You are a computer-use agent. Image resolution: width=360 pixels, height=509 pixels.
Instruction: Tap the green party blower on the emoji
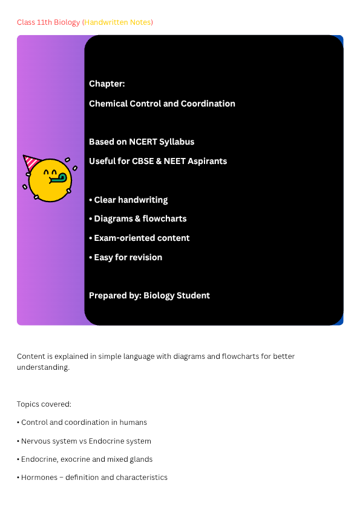click(x=59, y=179)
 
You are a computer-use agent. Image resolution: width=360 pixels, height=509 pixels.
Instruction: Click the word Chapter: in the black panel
click(x=107, y=84)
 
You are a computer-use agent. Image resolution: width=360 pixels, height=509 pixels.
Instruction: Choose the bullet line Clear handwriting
click(x=128, y=200)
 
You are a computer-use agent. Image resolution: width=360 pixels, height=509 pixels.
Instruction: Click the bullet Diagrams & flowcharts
click(x=138, y=218)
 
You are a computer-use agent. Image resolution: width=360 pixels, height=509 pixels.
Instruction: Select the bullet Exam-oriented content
click(x=139, y=238)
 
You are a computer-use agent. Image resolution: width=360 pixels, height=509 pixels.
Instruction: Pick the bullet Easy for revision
click(x=126, y=257)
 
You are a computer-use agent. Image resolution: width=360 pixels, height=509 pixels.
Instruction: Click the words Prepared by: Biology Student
click(x=149, y=295)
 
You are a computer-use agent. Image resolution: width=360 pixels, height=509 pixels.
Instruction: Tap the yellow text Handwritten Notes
click(x=117, y=22)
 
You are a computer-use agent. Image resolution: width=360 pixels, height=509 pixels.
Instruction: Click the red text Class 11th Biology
click(x=48, y=22)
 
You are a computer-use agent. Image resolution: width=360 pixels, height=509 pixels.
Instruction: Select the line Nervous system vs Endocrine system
click(x=84, y=441)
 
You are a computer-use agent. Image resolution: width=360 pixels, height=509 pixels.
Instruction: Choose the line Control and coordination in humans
click(x=82, y=422)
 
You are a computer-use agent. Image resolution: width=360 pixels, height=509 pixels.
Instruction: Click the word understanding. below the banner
click(x=43, y=367)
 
